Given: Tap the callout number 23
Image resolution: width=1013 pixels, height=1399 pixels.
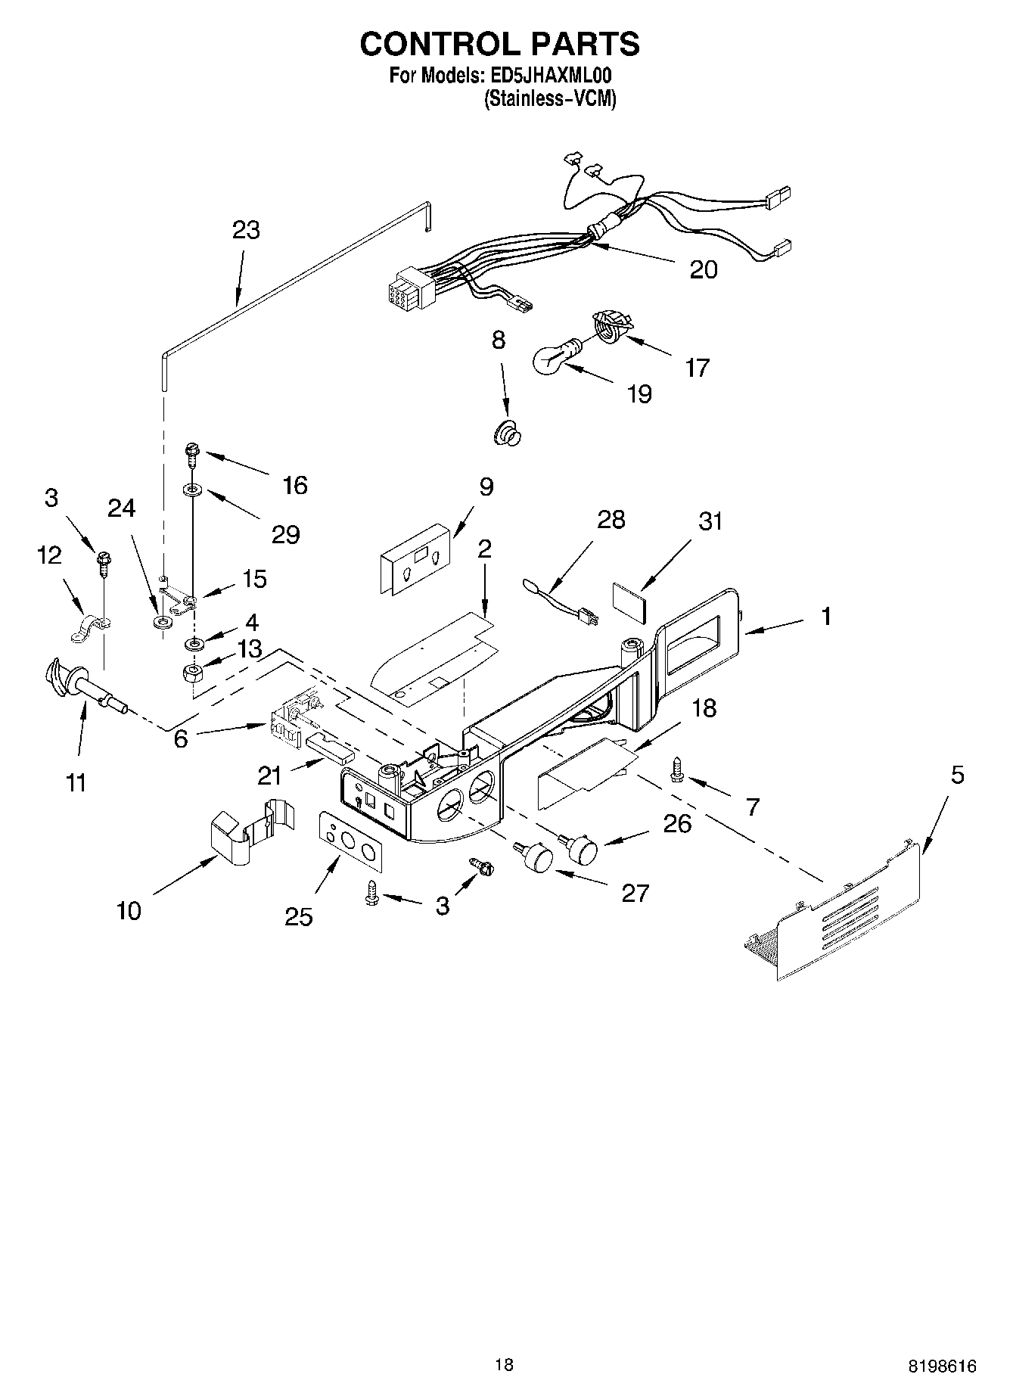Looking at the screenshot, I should (246, 230).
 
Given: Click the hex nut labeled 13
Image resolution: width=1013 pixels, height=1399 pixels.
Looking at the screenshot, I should (194, 672).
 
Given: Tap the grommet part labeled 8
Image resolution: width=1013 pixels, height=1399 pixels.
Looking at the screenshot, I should (507, 434).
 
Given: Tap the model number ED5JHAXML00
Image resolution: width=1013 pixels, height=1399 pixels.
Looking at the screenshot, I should (546, 76).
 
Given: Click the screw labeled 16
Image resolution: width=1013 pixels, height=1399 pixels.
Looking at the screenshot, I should (190, 455).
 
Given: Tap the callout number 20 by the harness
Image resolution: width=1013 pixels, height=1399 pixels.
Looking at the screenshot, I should (703, 270).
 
